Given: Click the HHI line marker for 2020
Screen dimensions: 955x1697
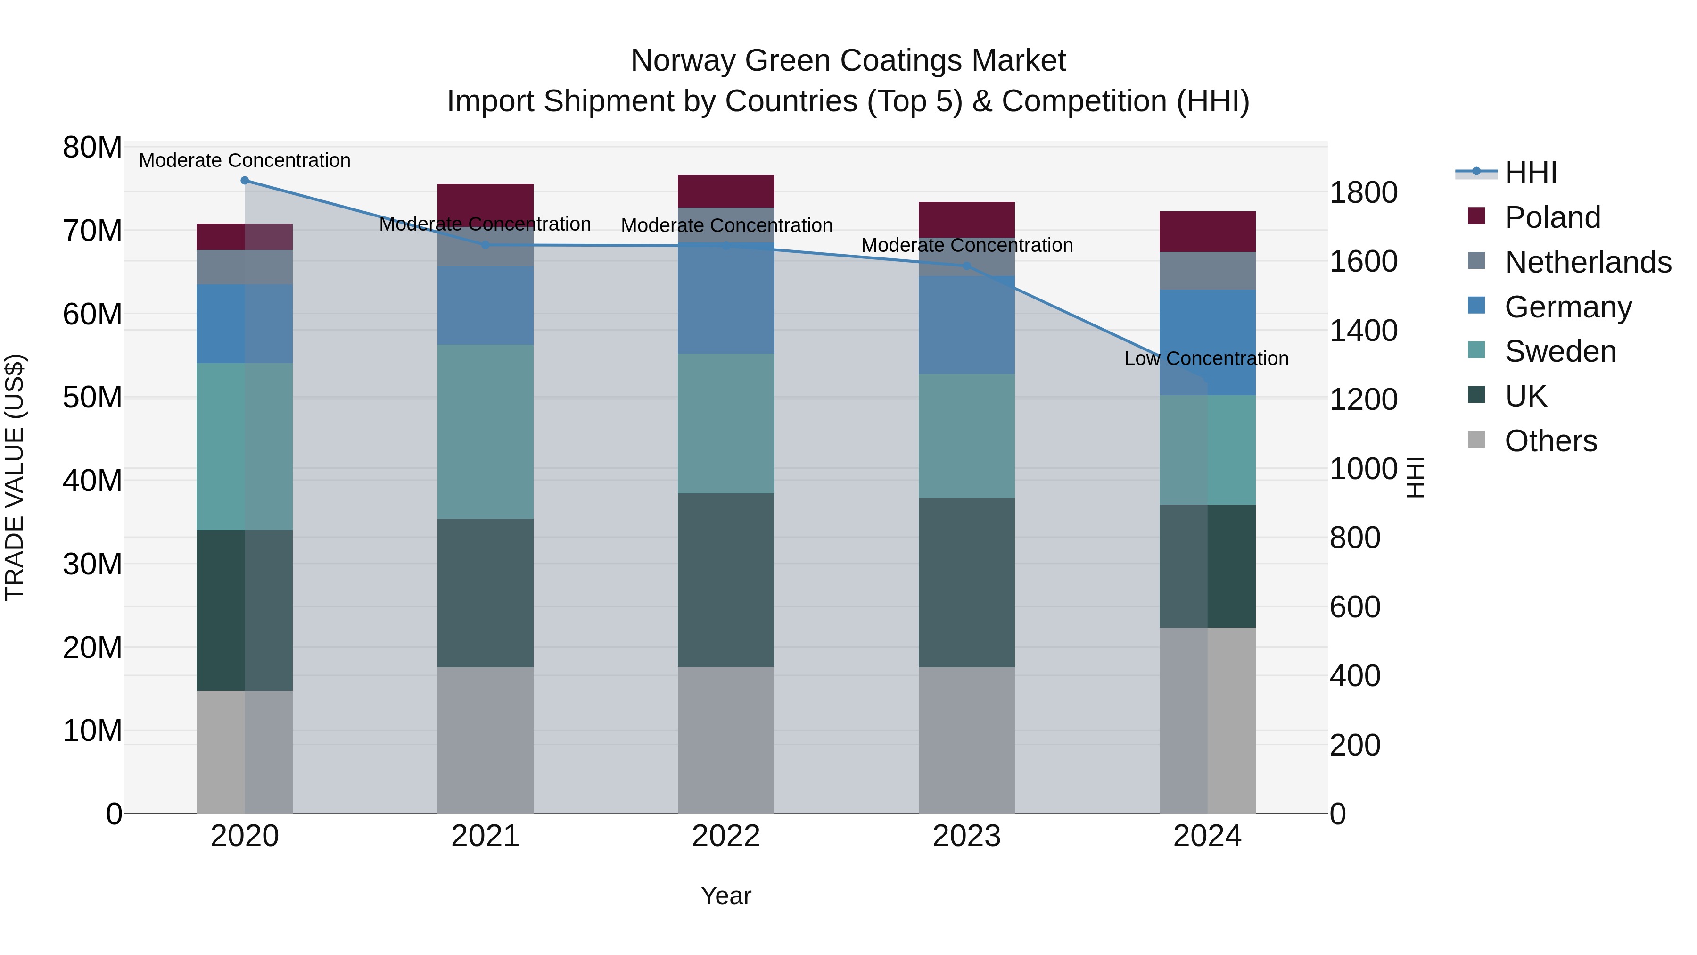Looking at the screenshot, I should tap(244, 181).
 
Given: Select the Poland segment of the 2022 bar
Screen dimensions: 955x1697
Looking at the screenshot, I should tap(726, 191).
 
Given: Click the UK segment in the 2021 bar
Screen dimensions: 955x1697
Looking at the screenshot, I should tap(486, 593).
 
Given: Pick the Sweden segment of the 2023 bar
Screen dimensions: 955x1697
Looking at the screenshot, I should tap(966, 436).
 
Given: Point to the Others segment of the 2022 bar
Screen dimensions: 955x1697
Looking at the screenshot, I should tap(726, 739).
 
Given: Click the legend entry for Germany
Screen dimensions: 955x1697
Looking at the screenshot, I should tap(1568, 307).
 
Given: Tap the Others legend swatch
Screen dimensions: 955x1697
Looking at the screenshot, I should tap(1477, 440).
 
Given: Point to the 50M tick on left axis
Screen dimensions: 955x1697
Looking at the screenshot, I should tap(92, 398).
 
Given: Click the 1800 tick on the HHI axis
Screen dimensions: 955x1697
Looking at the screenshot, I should tap(1363, 192).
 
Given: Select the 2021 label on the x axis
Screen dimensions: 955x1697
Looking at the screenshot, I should tap(486, 836).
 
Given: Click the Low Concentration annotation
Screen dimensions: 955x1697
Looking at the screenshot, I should tap(1206, 358).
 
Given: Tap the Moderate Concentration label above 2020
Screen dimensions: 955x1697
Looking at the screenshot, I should tap(244, 160).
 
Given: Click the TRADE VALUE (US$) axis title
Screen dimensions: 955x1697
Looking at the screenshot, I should tap(15, 477).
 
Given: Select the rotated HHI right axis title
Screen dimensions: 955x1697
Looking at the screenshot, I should tap(1415, 477).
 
